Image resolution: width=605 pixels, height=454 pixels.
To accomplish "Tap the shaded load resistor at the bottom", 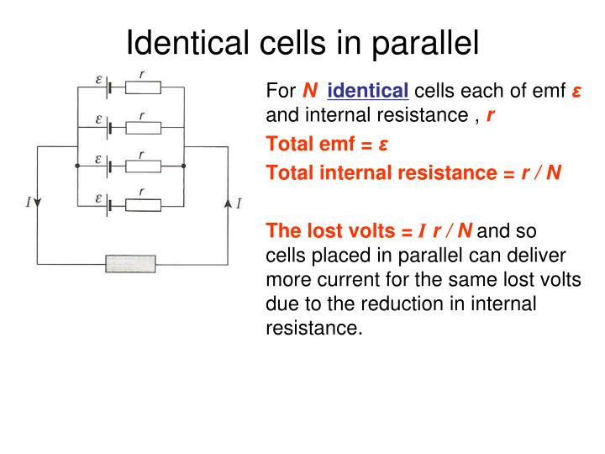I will coord(130,263).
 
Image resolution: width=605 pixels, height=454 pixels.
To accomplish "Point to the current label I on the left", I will coord(29,202).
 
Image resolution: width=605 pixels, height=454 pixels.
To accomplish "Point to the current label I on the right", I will coord(239,203).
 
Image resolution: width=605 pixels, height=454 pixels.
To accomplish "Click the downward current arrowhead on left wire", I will coord(38,203).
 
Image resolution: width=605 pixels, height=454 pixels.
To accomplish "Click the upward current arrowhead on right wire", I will coord(228,203).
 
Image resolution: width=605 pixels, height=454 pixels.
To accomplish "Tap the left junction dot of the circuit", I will coord(77,166).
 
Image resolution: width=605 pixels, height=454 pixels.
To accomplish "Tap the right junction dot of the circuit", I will coord(183,166).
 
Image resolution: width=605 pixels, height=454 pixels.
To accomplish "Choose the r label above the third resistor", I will coord(141,155).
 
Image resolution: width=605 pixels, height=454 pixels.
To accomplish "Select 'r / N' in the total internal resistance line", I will coord(541,173).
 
